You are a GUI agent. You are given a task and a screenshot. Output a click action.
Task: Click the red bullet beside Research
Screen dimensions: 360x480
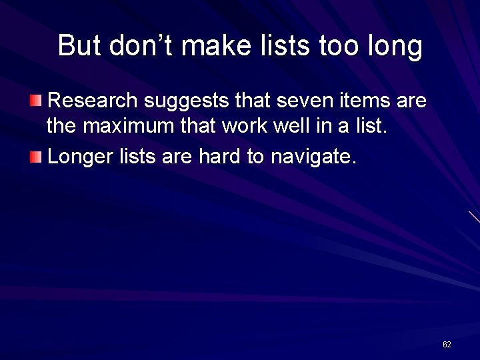[x=35, y=101]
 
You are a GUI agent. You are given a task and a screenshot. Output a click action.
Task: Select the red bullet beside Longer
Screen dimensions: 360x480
[x=35, y=157]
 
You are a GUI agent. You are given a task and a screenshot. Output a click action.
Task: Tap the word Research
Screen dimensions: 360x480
[x=93, y=101]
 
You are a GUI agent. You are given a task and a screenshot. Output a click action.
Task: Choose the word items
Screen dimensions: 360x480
[x=365, y=101]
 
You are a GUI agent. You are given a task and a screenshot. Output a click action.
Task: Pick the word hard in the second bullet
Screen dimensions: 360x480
[x=219, y=157]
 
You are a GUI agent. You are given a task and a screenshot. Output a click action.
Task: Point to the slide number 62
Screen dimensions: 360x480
[x=447, y=344]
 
